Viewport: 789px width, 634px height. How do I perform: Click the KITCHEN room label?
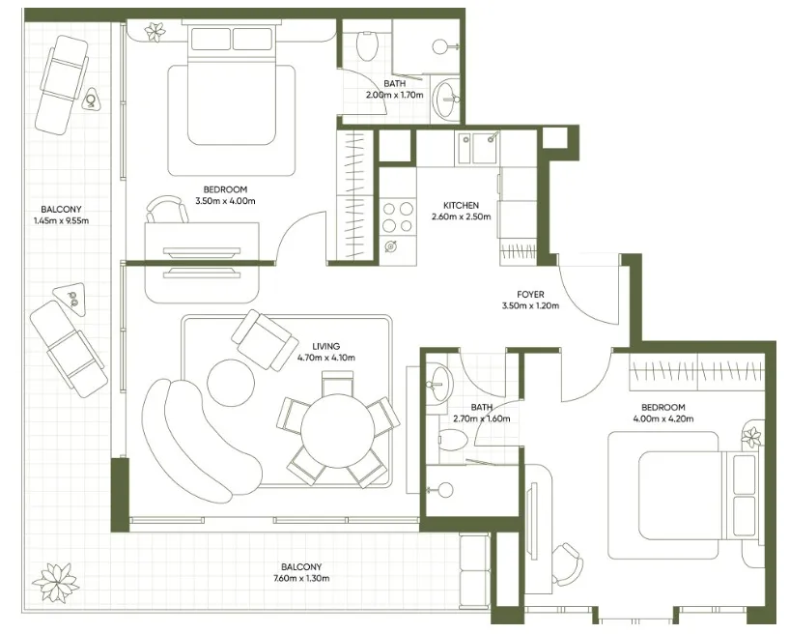[x=461, y=206]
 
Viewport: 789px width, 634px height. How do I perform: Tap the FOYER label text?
[x=530, y=295]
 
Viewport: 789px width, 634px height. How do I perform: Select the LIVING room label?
[x=326, y=346]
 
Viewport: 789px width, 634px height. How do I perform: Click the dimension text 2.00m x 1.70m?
[x=394, y=96]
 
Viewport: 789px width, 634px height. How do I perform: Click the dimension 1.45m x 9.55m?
[x=61, y=220]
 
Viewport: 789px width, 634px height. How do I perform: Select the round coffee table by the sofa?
[x=230, y=383]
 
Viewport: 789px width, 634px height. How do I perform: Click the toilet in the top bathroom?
[x=368, y=44]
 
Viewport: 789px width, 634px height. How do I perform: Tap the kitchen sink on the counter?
[x=480, y=149]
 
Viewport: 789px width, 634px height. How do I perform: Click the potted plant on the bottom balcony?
[x=55, y=581]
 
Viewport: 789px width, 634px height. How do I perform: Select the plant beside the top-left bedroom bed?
[x=154, y=32]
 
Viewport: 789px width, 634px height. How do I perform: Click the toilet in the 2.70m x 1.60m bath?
[x=451, y=441]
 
